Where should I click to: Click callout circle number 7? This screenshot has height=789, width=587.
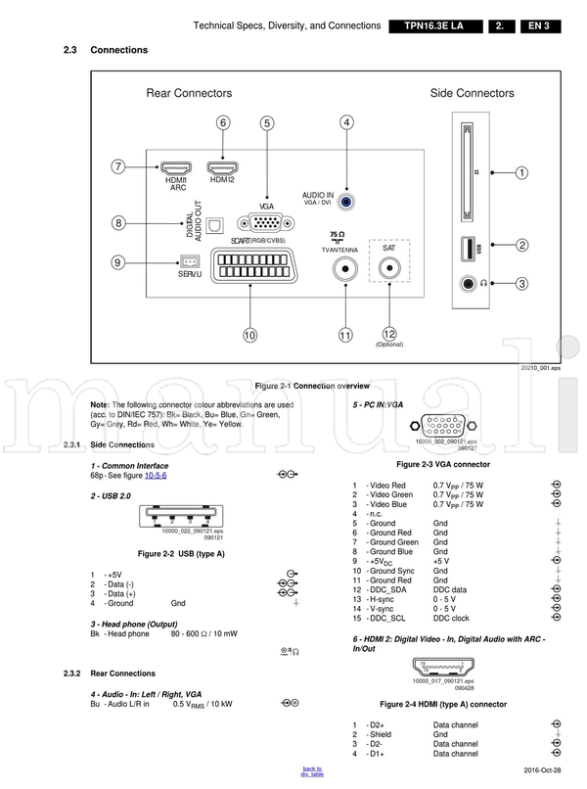click(117, 166)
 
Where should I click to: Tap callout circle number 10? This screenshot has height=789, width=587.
click(249, 336)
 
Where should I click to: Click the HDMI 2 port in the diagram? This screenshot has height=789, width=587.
click(222, 165)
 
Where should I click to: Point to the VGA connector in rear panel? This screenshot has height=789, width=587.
click(264, 223)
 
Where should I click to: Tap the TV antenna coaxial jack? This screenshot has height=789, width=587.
click(345, 270)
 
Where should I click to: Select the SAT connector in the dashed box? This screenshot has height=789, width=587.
click(389, 271)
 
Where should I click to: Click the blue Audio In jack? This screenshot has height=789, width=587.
click(347, 204)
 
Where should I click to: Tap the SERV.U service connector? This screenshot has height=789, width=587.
click(190, 261)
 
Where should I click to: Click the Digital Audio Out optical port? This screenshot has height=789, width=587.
click(217, 226)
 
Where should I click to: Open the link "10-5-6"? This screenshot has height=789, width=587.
click(156, 475)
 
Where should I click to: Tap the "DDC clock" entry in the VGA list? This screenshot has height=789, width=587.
click(451, 618)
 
